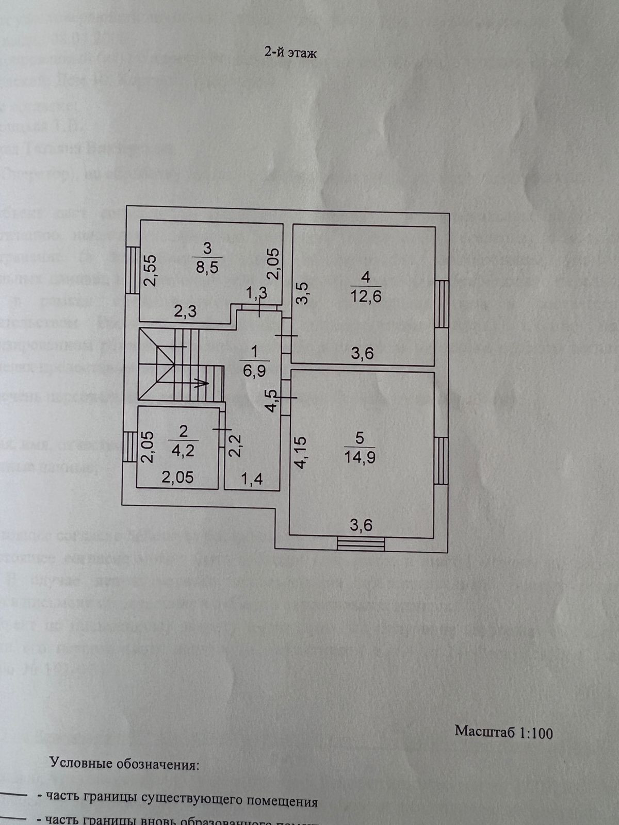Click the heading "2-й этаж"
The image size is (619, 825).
click(x=290, y=53)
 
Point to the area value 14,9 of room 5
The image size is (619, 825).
click(x=360, y=457)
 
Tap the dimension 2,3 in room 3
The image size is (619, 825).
click(x=185, y=311)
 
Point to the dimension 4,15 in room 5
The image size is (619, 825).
click(x=300, y=452)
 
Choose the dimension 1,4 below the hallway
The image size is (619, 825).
click(x=252, y=480)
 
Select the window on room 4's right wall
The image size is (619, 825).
click(x=441, y=304)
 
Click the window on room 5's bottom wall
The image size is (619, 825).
click(x=361, y=544)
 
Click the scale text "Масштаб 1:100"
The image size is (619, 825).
click(x=503, y=731)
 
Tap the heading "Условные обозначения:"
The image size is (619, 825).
click(x=124, y=764)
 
